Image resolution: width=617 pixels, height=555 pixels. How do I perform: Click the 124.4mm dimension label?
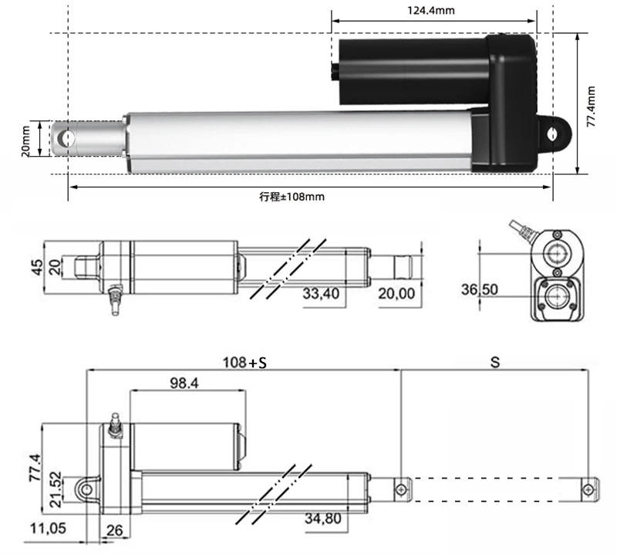coord(434,10)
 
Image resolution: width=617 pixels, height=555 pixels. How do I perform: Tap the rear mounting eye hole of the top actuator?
coord(554,133)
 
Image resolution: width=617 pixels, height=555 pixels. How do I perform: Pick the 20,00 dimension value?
coord(396,294)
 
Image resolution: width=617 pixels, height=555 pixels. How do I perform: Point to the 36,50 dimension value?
coord(480,289)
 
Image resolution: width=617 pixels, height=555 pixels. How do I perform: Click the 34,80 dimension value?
coord(322,518)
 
